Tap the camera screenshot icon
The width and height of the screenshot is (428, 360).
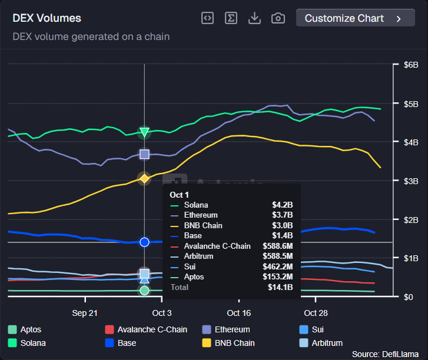tap(278, 18)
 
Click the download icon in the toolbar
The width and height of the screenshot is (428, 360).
tap(254, 18)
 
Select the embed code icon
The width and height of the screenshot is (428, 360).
tap(207, 18)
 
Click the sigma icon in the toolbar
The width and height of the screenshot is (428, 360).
tap(231, 18)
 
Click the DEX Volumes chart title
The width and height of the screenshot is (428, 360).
tap(47, 19)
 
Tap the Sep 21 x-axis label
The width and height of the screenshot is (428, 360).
tap(85, 313)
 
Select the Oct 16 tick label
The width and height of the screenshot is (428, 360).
tap(238, 313)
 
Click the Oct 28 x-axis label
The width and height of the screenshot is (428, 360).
tap(316, 313)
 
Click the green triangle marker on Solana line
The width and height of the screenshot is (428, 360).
tap(144, 132)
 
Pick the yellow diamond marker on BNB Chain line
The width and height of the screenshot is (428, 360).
tap(144, 178)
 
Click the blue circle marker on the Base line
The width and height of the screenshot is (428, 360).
tap(144, 242)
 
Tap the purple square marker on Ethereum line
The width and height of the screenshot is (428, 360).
tap(144, 155)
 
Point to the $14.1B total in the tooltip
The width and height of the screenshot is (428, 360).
tap(281, 288)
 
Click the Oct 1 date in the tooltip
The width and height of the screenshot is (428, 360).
tap(179, 194)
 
